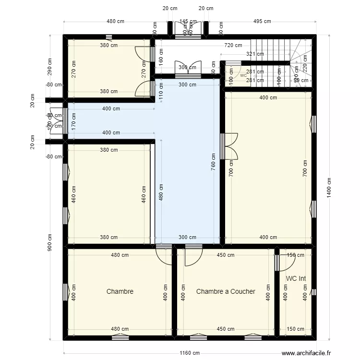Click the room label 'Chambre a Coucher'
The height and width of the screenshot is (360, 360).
click(226, 291)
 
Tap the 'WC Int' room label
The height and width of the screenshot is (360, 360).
click(296, 278)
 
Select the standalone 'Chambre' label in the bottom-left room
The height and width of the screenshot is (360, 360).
click(120, 291)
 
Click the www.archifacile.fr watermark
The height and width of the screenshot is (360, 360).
click(307, 353)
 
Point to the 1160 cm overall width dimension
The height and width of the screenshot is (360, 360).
click(190, 353)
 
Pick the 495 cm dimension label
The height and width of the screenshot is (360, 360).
click(262, 21)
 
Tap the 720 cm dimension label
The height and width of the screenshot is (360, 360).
click(233, 45)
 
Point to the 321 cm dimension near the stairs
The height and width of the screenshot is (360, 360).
click(254, 54)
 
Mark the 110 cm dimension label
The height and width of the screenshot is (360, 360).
click(161, 91)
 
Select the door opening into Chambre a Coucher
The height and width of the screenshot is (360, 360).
click(193, 255)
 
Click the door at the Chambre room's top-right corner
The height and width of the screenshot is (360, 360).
click(164, 254)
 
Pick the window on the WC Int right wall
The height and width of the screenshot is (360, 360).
click(313, 292)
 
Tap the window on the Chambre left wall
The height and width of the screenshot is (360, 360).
click(65, 291)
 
